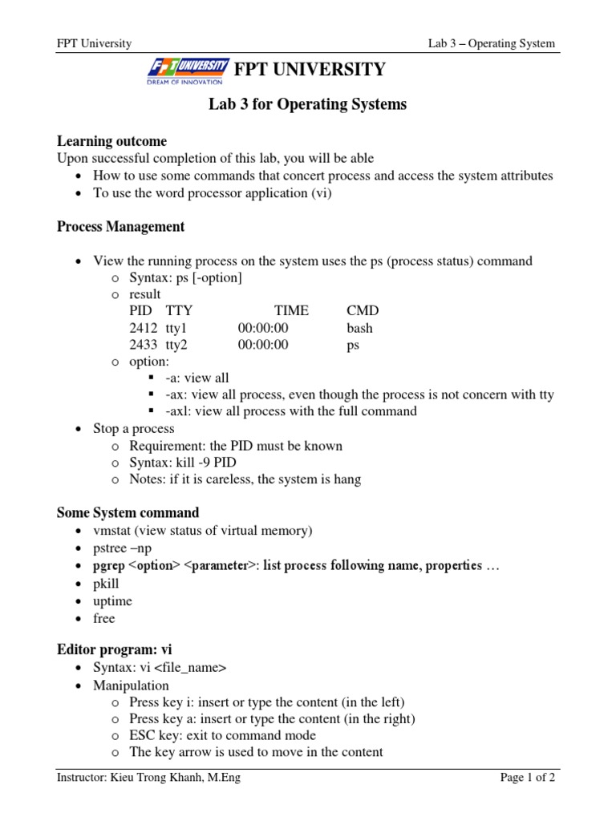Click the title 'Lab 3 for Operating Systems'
(x=307, y=104)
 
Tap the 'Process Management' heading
(x=120, y=227)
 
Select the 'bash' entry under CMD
(x=359, y=328)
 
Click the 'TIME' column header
(x=290, y=311)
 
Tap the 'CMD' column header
(x=363, y=311)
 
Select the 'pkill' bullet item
(x=106, y=584)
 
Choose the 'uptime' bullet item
(x=112, y=601)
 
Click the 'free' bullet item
(x=104, y=618)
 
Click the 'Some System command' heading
(x=128, y=512)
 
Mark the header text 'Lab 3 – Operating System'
(x=491, y=43)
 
